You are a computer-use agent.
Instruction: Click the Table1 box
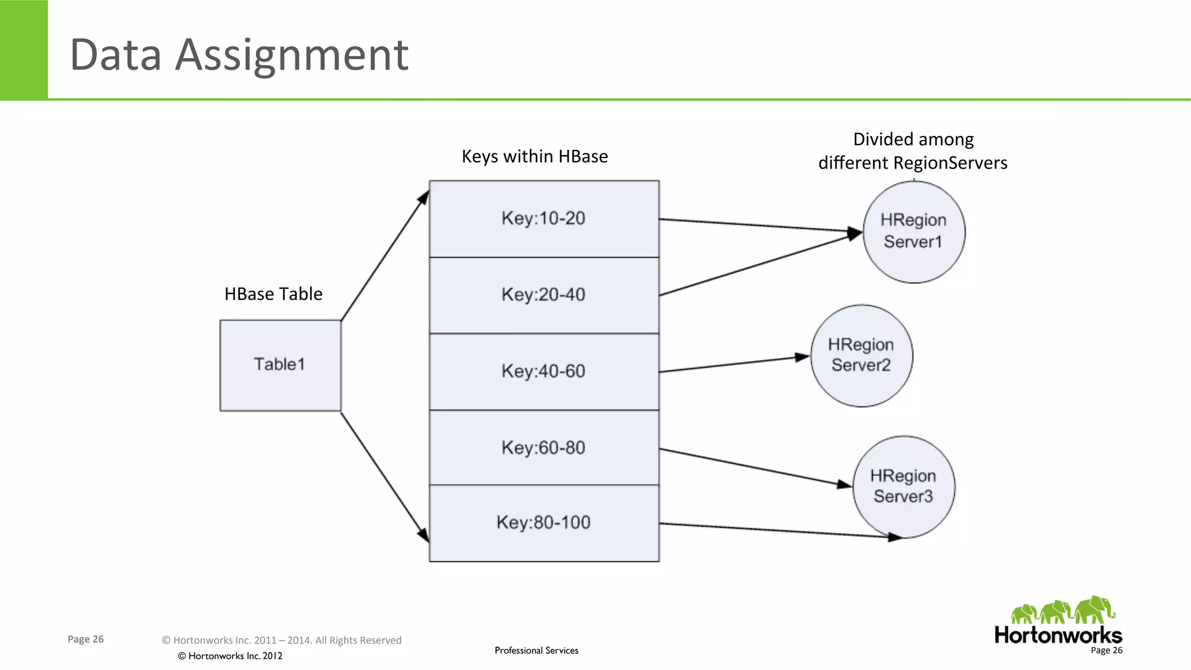point(280,365)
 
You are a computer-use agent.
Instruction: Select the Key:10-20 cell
point(544,218)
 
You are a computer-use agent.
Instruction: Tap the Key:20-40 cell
point(544,295)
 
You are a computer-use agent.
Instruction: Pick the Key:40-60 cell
point(544,371)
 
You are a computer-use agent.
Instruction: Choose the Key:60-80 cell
point(544,447)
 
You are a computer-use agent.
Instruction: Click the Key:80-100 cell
point(544,522)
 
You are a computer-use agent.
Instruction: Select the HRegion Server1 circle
point(914,231)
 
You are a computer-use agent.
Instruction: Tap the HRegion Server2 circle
point(861,355)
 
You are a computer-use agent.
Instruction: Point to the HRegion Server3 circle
point(903,486)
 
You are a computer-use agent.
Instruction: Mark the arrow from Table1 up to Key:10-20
point(384,256)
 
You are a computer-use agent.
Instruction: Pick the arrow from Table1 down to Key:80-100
point(384,476)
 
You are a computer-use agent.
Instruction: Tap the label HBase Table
point(273,294)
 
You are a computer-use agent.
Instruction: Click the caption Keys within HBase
point(534,156)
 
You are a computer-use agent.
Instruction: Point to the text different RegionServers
point(912,163)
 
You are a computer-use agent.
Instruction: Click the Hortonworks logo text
point(1058,635)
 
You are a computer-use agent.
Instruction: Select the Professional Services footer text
point(536,650)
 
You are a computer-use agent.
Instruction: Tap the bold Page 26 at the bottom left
point(85,639)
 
